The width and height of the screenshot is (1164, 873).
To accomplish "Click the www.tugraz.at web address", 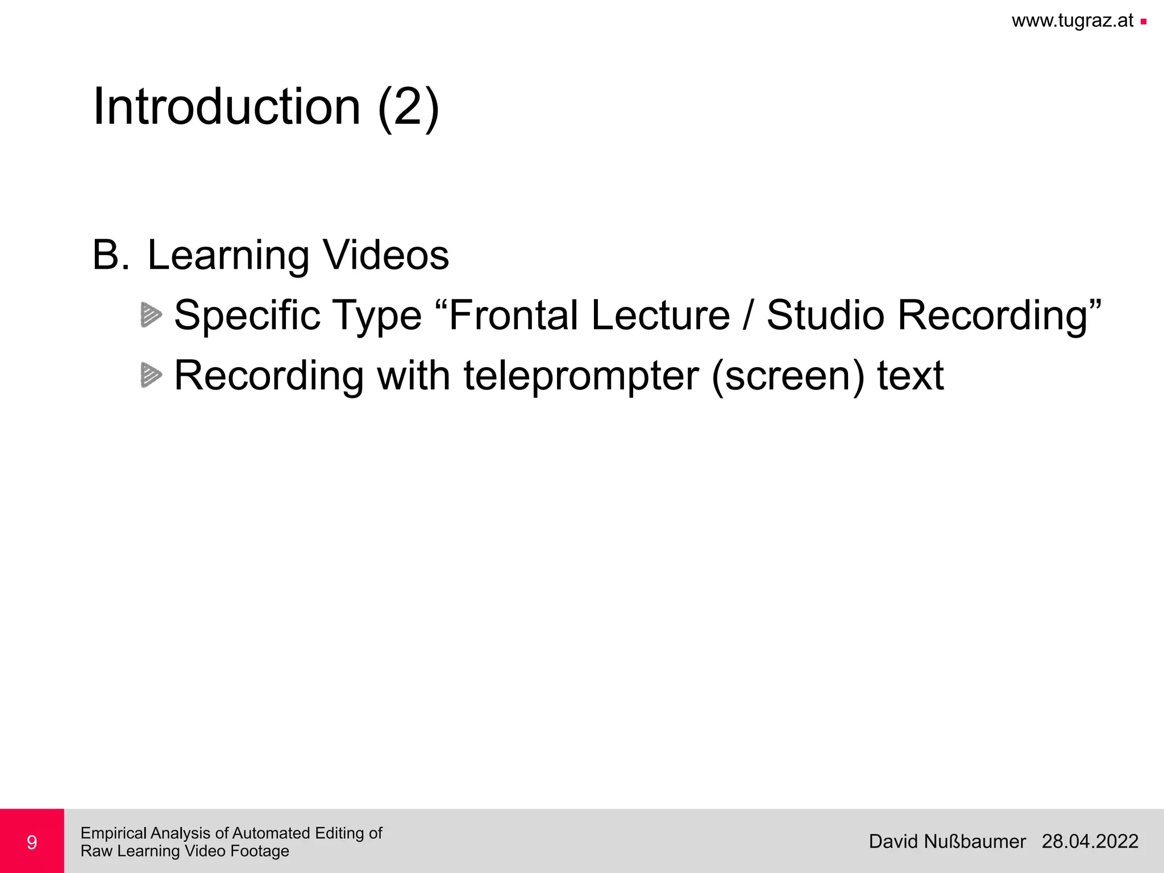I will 1072,21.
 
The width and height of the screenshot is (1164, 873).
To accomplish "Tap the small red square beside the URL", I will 1143,22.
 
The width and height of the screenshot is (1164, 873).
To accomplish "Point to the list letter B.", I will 111,255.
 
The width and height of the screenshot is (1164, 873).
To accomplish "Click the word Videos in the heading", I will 386,255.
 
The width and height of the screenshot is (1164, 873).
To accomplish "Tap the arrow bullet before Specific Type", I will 151,315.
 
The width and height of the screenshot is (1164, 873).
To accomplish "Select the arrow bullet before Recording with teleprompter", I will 151,375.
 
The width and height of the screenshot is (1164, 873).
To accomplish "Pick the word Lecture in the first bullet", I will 660,315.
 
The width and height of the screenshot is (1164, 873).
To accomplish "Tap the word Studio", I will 825,315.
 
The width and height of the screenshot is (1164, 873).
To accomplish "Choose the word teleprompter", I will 581,376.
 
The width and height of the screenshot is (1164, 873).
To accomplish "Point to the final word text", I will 911,376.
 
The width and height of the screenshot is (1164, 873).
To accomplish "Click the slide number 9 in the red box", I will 32,842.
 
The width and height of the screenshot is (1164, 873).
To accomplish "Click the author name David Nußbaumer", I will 947,841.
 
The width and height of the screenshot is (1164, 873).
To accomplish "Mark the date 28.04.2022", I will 1090,841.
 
